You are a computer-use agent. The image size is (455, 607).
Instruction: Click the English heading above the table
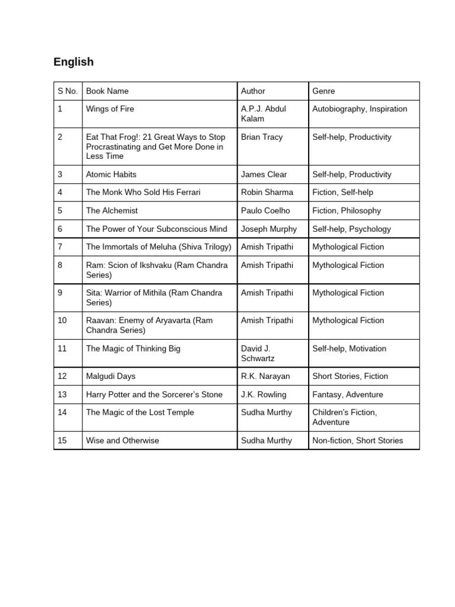click(73, 62)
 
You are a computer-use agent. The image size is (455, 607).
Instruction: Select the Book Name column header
click(107, 91)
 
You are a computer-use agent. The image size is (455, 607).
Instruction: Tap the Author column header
click(253, 91)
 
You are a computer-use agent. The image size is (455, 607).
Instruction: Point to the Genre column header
click(323, 91)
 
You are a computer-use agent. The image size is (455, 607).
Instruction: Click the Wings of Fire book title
click(110, 109)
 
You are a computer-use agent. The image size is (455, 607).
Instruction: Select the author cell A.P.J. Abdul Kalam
click(264, 114)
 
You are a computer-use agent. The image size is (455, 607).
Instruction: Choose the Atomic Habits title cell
click(111, 174)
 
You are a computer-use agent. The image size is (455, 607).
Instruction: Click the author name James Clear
click(264, 174)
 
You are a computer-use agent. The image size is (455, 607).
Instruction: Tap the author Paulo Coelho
click(265, 210)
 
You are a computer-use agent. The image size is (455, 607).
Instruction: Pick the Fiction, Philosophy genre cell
click(347, 210)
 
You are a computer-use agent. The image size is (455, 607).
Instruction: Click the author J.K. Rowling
click(264, 394)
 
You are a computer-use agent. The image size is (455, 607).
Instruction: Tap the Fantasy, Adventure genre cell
click(348, 394)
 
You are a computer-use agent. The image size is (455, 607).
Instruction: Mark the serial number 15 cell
click(62, 440)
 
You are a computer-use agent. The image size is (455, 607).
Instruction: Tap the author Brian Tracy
click(262, 137)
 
